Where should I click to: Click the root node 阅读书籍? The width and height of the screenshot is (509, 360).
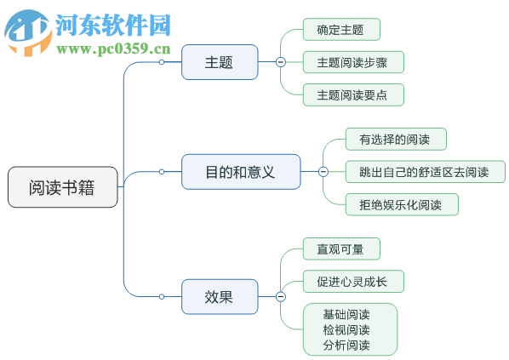pos(62,187)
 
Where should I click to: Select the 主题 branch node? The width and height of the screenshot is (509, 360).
pos(219,62)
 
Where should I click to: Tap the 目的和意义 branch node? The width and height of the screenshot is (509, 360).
pos(240,172)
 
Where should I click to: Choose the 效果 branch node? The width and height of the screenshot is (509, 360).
pos(219,296)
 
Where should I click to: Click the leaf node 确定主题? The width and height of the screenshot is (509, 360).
pos(340,30)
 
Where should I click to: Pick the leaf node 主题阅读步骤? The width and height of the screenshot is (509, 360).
pos(352,62)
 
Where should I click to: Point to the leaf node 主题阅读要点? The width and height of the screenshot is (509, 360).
pos(352,94)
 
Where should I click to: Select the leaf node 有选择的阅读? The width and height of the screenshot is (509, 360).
pos(396,139)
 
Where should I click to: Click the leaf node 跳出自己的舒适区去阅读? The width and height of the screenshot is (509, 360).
pos(425,172)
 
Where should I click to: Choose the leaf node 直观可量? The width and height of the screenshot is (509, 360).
pos(340,249)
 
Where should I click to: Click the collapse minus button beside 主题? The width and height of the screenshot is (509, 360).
pos(280,62)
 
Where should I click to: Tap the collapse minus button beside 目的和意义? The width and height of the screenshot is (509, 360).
pos(323,172)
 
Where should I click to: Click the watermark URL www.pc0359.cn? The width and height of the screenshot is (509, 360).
pos(113,49)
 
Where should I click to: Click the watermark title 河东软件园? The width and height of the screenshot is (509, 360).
pos(112,24)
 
